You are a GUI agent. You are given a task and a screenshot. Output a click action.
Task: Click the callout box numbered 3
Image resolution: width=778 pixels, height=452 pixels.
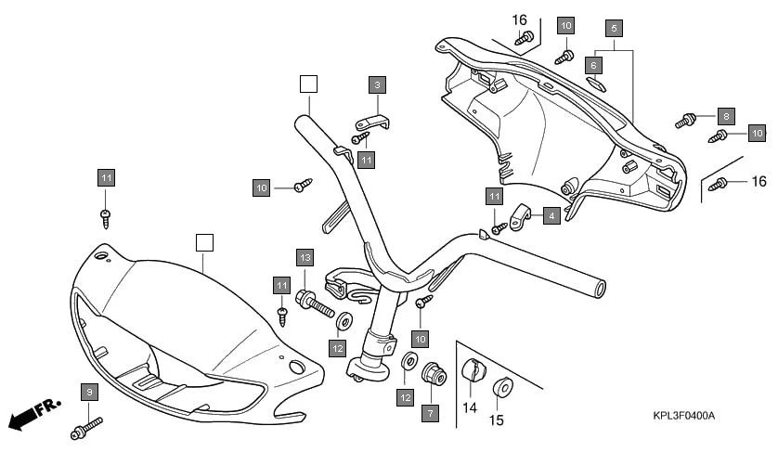click(x=377, y=85)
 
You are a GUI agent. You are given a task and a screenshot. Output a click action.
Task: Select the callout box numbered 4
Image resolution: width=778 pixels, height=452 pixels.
click(x=551, y=215)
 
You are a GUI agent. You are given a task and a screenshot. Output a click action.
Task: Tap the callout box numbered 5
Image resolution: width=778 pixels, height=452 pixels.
click(x=613, y=28)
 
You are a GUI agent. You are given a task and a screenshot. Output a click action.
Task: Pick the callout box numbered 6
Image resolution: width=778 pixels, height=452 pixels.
click(x=594, y=63)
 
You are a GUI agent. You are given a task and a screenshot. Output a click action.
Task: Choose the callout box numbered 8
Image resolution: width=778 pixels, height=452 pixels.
click(x=726, y=116)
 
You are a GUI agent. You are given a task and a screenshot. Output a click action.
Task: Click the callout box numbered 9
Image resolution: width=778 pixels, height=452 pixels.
click(x=89, y=392)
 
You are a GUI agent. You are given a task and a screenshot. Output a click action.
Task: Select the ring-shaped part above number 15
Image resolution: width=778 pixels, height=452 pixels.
click(x=502, y=387)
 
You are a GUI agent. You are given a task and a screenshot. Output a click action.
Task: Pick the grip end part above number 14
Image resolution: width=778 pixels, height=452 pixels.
click(x=473, y=368)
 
